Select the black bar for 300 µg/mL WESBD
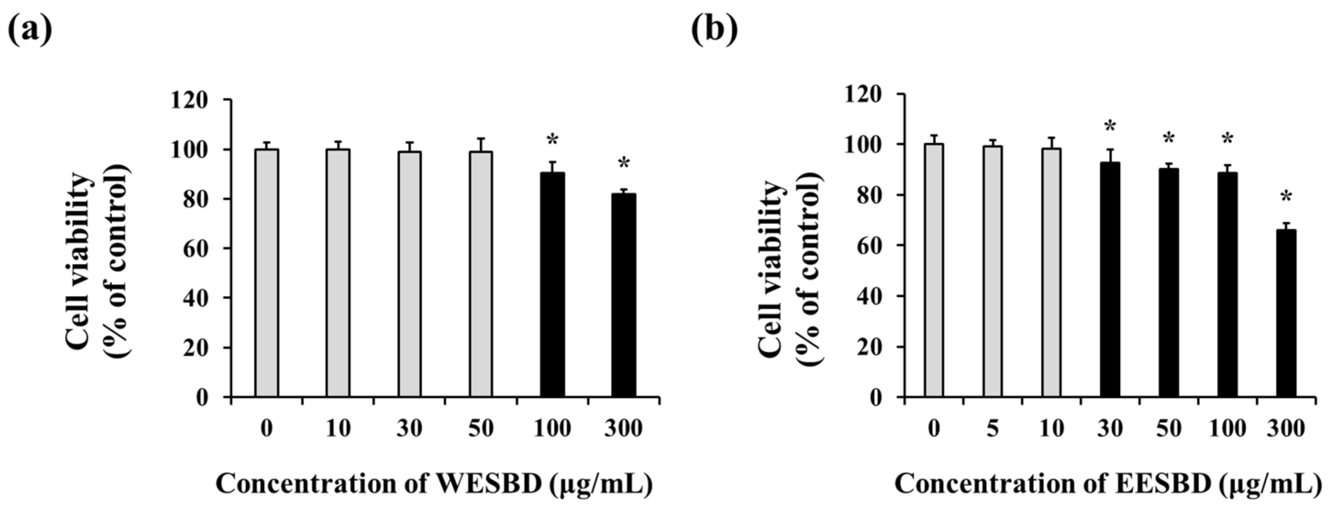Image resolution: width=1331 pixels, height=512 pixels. coord(624,295)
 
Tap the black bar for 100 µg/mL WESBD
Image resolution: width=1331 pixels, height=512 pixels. coord(552,284)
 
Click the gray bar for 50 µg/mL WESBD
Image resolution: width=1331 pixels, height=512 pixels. coord(480,274)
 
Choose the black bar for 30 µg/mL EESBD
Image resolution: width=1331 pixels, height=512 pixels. coord(1110,279)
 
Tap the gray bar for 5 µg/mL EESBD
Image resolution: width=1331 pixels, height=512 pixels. coord(993,271)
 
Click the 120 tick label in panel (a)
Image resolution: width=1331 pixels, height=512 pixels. coord(189,100)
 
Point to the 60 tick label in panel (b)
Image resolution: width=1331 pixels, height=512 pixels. coord(868,245)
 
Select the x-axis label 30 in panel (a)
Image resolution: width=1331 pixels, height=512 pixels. coord(409,428)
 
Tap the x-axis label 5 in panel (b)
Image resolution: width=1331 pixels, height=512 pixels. coord(993,428)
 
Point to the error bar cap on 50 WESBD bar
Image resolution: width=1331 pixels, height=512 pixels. coord(480,139)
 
